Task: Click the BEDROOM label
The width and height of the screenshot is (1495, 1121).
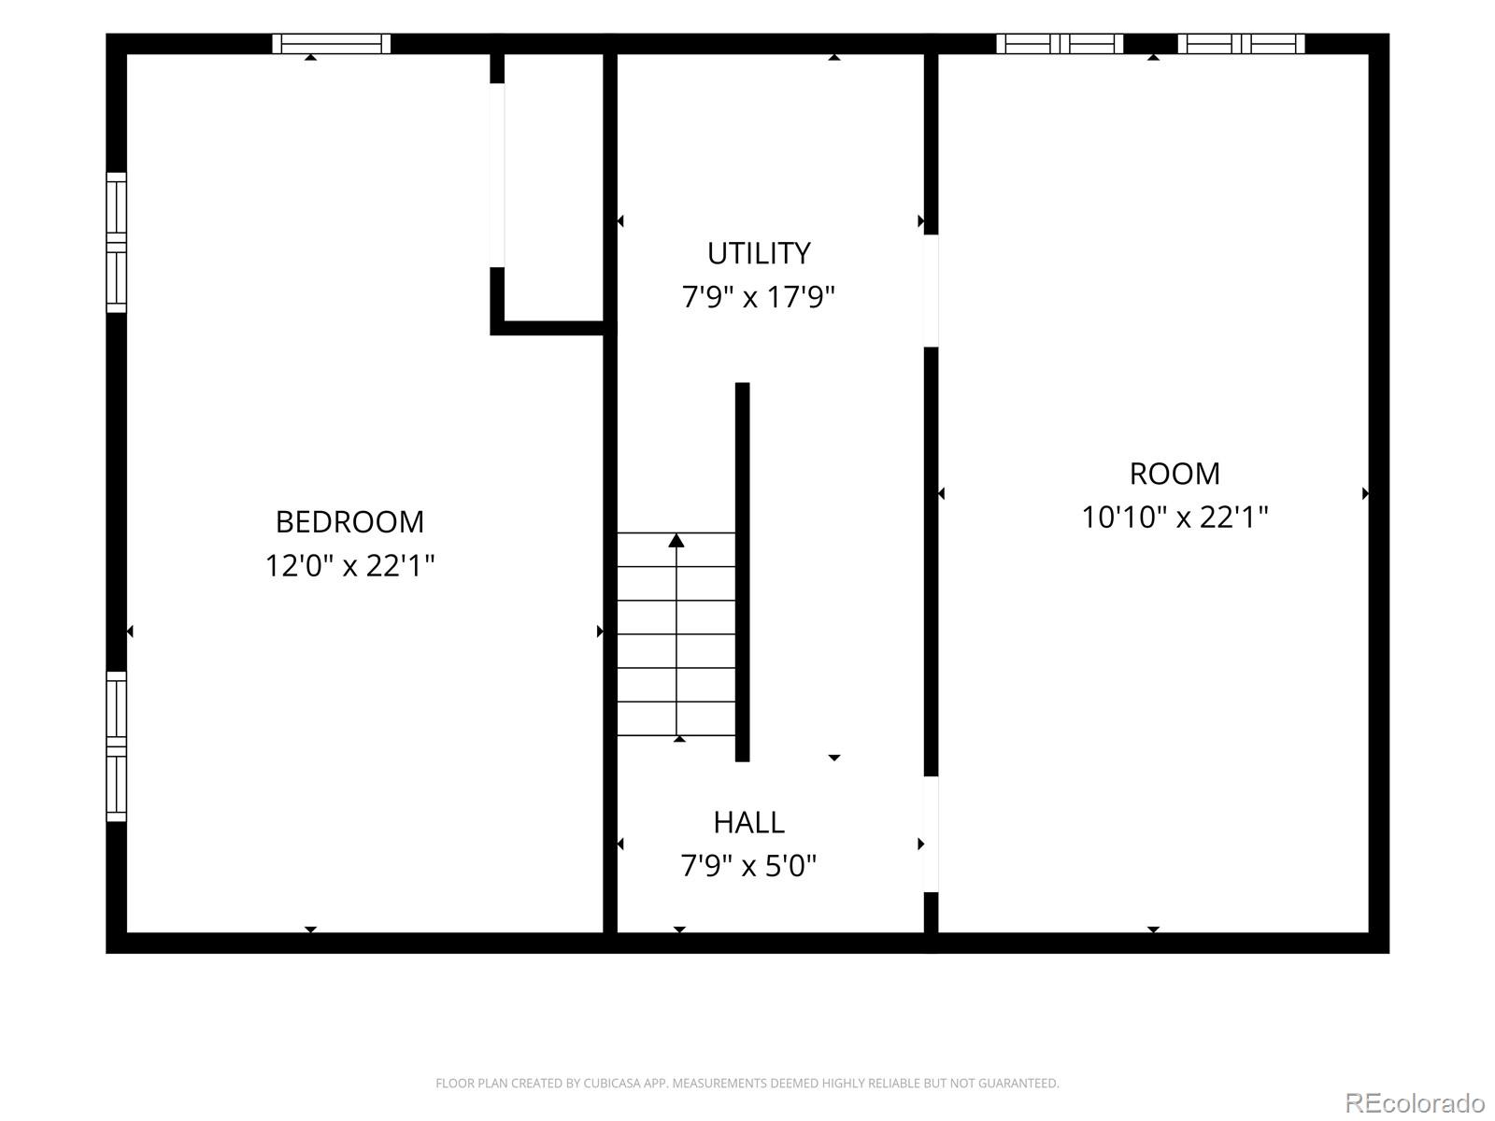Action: [349, 522]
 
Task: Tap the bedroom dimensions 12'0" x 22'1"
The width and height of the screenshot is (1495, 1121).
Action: [349, 565]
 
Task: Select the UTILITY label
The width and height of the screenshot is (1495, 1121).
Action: [759, 254]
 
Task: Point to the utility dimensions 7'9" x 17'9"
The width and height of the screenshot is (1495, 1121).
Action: [758, 297]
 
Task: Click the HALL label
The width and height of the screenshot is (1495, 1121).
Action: [748, 823]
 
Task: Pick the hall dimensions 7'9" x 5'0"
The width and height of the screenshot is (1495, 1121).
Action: [748, 867]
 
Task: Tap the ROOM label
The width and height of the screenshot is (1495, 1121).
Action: [1175, 474]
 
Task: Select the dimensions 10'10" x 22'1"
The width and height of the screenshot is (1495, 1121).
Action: [1175, 518]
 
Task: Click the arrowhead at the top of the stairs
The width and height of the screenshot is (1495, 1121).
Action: [676, 541]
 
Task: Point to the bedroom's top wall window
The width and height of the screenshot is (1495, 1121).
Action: [331, 44]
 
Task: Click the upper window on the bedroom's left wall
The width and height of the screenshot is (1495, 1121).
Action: [117, 242]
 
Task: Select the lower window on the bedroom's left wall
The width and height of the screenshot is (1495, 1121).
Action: [117, 746]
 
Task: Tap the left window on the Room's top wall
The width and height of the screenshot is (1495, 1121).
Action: [1059, 44]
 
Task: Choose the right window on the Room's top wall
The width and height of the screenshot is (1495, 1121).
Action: [1241, 44]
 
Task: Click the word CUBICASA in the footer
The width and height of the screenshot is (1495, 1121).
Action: [608, 1083]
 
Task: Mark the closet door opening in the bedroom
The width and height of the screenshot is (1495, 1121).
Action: [497, 175]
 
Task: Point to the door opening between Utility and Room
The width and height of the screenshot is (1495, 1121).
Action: [931, 291]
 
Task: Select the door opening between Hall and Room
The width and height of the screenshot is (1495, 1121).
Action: [931, 834]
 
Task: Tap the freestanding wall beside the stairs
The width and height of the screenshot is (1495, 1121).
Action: [743, 572]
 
